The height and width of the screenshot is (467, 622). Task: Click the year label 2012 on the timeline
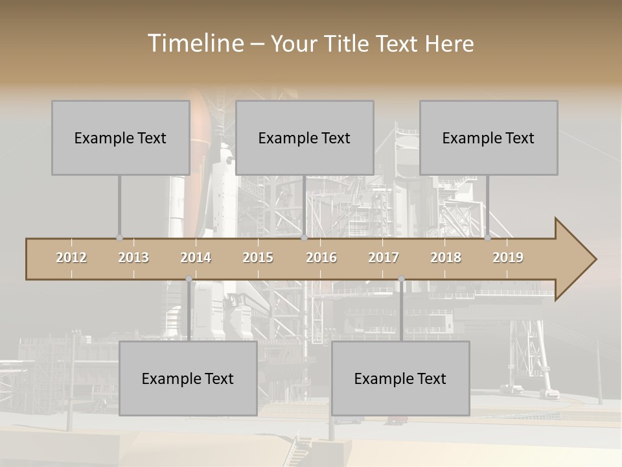click(x=71, y=257)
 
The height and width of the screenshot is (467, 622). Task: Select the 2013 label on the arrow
click(x=133, y=257)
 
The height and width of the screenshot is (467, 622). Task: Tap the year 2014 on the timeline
click(x=196, y=257)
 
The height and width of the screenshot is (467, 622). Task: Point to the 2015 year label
click(x=258, y=257)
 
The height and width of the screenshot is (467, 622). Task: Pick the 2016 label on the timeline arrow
click(x=321, y=257)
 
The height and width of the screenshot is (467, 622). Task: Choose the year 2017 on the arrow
click(x=384, y=257)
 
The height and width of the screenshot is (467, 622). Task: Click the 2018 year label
click(x=446, y=257)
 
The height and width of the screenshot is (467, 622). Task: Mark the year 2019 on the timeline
click(x=508, y=257)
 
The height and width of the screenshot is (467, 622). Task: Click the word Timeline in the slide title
click(x=195, y=43)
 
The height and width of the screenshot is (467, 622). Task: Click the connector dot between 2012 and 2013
click(x=119, y=238)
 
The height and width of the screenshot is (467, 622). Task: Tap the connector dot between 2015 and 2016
click(x=304, y=238)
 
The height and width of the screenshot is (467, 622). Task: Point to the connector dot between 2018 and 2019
click(x=488, y=238)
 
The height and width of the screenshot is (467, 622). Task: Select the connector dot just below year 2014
click(x=189, y=280)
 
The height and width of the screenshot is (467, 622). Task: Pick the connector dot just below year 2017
click(x=401, y=280)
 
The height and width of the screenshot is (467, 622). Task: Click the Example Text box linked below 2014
click(x=188, y=378)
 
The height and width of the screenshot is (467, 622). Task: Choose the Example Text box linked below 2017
click(x=400, y=378)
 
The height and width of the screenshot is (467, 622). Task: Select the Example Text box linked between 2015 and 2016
click(x=305, y=138)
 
